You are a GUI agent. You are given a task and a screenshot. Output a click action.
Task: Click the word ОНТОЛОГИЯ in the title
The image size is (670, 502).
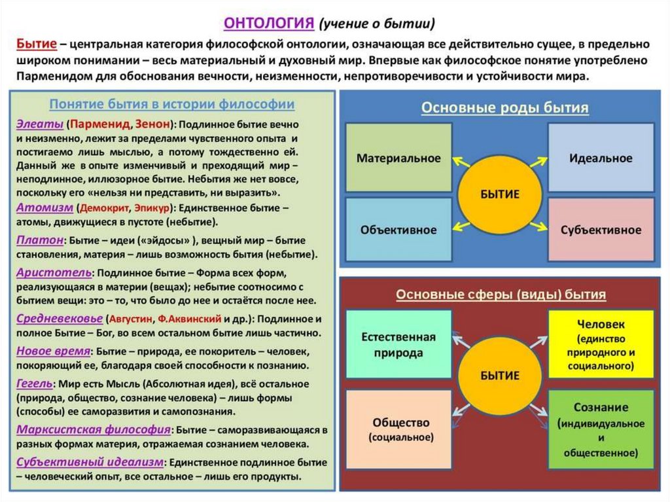click(x=269, y=23)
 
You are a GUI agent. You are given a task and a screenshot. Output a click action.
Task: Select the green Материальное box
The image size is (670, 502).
click(x=398, y=157)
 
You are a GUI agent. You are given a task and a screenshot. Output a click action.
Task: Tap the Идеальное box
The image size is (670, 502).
click(x=601, y=157)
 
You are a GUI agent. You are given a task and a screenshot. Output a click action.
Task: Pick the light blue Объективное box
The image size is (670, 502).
click(x=398, y=229)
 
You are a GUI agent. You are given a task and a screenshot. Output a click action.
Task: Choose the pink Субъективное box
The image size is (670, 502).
click(x=601, y=229)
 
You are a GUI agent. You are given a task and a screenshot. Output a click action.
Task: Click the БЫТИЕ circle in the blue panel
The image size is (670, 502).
click(x=499, y=194)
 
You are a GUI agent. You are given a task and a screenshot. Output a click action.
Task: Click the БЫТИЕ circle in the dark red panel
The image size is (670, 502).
click(x=499, y=375)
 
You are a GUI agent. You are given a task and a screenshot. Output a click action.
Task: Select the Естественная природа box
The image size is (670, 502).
click(x=398, y=344)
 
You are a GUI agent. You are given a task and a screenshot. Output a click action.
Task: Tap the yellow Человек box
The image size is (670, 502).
click(x=601, y=344)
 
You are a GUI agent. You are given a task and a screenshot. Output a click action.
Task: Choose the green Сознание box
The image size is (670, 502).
click(x=601, y=429)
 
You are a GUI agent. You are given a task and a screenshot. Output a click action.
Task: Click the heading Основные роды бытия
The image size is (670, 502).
click(x=504, y=108)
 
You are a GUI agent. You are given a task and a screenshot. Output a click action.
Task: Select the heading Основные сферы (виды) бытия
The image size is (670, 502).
click(x=501, y=295)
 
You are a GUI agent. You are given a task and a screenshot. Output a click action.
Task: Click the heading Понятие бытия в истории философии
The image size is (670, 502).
click(x=172, y=104)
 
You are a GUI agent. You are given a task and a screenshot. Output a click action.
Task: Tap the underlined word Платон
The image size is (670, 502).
click(x=39, y=240)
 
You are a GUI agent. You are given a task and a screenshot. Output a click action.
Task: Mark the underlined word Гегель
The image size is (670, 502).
click(x=33, y=382)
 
